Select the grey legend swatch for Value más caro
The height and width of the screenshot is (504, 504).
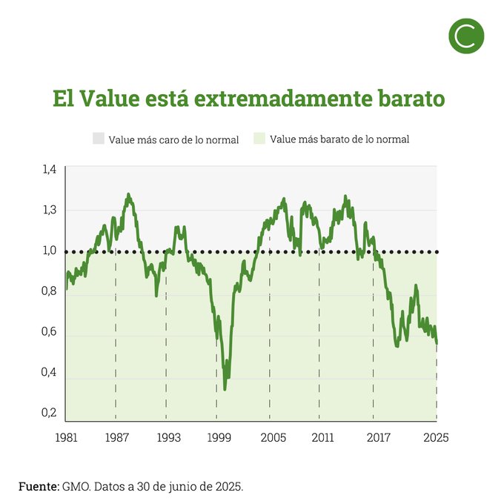pos(99,139)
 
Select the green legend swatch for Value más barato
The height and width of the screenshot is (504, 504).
pos(259,139)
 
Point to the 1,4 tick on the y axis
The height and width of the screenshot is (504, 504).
pos(49,170)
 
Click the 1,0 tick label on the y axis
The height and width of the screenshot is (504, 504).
pos(49,251)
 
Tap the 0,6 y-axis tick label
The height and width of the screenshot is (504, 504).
pos(49,331)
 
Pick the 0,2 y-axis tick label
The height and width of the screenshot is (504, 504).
pos(49,412)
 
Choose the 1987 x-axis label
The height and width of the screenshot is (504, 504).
pos(116,437)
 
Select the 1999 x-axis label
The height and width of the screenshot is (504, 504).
pos(217,437)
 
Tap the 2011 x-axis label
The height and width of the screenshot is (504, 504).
pos(319,437)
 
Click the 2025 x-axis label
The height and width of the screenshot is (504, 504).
pos(437,437)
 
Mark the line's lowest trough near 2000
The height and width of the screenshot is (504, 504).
pos(225,388)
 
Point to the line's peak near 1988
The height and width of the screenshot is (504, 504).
pos(128,195)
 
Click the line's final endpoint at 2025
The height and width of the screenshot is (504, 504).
pos(437,342)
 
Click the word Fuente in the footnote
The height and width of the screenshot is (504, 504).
pos(38,486)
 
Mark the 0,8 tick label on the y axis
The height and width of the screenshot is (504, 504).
pos(49,291)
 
